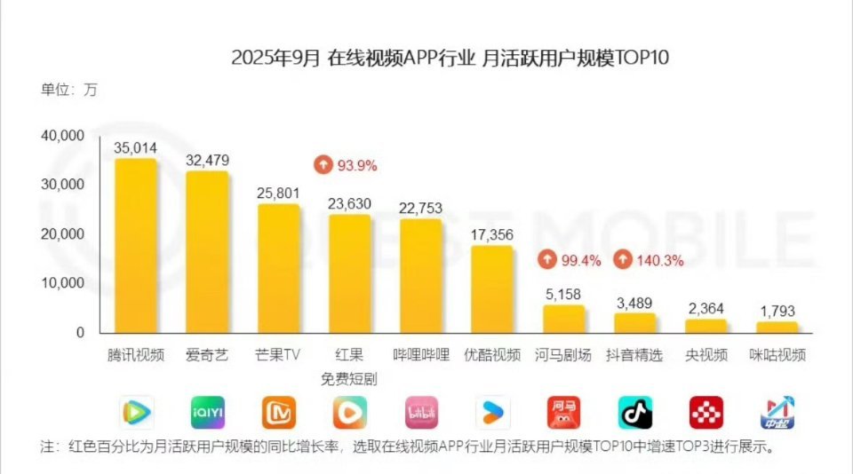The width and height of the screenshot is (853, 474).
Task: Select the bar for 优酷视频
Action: point(491,289)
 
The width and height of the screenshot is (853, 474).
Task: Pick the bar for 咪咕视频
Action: point(777,328)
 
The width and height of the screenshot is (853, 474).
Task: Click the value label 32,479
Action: point(207,161)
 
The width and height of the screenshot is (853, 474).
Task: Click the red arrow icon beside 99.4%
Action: point(548,260)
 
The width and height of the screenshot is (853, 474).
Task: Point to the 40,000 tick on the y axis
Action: point(61,135)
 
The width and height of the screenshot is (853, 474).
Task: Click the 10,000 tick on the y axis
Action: point(61,283)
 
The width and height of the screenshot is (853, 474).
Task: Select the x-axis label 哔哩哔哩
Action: point(421,355)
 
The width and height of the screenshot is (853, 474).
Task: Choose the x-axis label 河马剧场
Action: point(563,355)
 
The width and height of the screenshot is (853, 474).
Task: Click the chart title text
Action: point(450,59)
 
